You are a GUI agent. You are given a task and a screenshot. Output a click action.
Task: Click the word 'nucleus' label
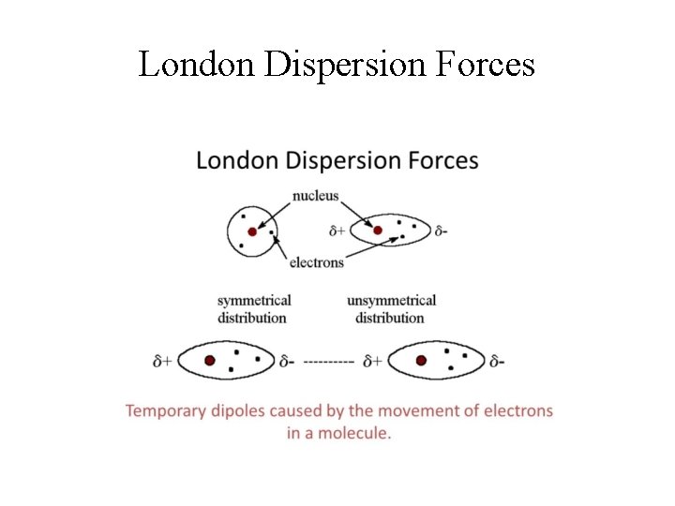[315, 196]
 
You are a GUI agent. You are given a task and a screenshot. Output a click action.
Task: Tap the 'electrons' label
[316, 262]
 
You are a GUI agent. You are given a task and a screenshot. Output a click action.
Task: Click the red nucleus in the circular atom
[251, 231]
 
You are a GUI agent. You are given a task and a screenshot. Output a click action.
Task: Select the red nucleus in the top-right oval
[378, 231]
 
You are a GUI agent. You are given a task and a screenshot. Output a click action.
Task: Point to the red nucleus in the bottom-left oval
[210, 360]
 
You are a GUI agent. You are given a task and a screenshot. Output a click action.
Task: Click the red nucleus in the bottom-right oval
[421, 360]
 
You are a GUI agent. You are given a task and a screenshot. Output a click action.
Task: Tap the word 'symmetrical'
[254, 301]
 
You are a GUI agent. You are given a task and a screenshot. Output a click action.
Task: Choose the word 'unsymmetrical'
[391, 301]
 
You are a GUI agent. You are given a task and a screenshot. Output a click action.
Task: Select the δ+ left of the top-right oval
[338, 231]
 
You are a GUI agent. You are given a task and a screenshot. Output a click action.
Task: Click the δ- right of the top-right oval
[441, 231]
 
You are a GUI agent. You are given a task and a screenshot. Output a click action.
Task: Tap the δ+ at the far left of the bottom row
[162, 361]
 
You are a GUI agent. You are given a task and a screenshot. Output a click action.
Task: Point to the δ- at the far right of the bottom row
[497, 361]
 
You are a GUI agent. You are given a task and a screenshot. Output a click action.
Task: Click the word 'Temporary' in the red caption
[166, 411]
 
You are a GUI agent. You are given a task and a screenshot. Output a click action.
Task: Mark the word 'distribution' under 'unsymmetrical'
[390, 318]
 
